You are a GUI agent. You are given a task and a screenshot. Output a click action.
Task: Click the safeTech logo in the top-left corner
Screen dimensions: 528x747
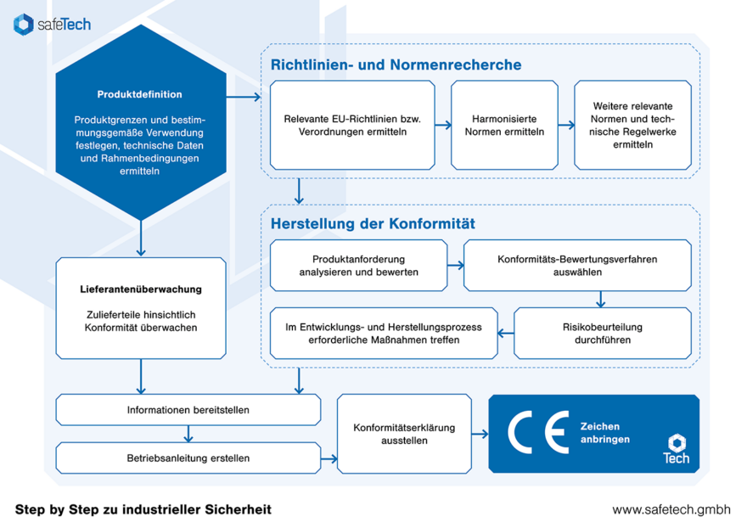[52, 25]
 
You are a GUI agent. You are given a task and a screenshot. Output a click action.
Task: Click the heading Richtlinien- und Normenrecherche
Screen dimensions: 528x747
[396, 65]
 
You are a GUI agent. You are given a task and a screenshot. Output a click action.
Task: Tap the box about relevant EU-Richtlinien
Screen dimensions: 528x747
[352, 125]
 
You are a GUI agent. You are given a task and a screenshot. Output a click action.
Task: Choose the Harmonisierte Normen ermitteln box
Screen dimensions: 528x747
[504, 125]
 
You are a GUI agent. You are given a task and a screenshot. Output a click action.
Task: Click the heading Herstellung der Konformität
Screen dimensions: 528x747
[373, 224]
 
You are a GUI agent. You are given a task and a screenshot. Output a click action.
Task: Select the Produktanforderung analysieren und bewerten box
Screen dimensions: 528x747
[358, 266]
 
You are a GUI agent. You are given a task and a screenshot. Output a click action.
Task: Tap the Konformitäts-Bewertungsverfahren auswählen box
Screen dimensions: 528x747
[577, 266]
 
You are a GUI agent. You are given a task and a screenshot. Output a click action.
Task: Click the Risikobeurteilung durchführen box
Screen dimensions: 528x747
[603, 333]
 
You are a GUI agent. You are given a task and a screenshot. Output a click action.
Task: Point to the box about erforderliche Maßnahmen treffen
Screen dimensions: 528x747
[384, 333]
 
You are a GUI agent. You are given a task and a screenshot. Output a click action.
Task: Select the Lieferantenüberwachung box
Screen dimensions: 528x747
[141, 308]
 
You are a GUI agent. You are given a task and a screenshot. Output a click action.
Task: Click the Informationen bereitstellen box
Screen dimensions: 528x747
[188, 410]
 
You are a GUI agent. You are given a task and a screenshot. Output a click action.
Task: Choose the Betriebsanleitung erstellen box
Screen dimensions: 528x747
[188, 458]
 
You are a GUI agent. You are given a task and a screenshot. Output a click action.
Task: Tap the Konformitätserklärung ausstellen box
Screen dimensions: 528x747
[404, 434]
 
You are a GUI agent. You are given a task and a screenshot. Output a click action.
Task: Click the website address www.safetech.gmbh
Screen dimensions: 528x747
[671, 509]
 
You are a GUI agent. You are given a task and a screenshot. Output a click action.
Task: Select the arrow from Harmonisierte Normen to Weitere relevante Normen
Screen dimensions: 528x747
[565, 125]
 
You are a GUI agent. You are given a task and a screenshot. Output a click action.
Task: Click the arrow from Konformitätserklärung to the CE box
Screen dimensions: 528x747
[480, 434]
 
